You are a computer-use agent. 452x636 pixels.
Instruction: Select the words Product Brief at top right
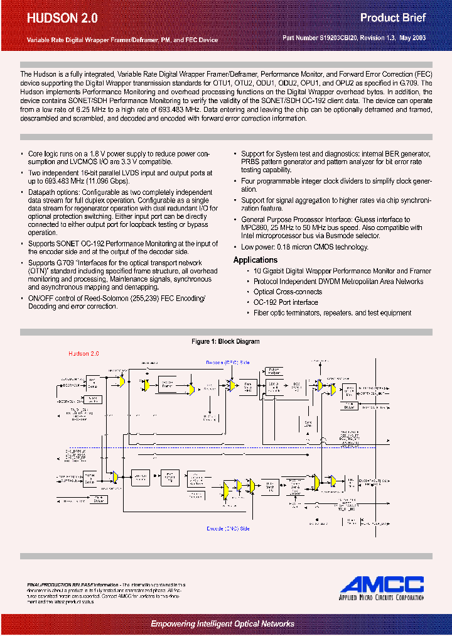click(x=393, y=18)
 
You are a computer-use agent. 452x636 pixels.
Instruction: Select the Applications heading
click(x=256, y=260)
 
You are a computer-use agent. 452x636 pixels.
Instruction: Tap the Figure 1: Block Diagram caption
click(x=225, y=341)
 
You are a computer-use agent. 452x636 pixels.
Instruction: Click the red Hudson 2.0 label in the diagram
click(x=83, y=354)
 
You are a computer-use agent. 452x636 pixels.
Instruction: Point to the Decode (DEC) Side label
click(x=228, y=363)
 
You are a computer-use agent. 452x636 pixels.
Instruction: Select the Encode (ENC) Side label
click(x=228, y=529)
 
